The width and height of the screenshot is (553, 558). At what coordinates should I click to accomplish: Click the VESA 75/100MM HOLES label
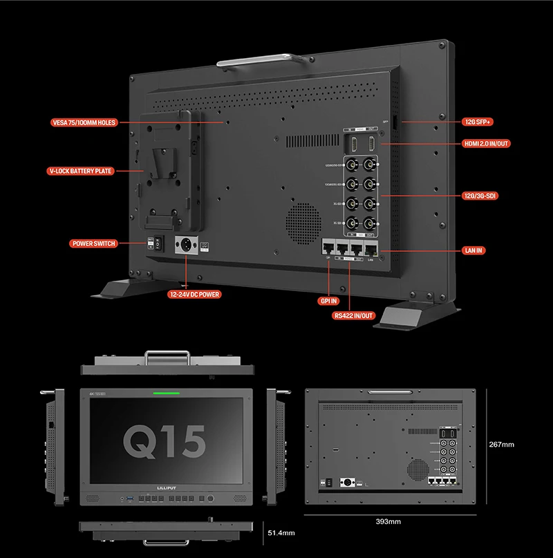(x=84, y=122)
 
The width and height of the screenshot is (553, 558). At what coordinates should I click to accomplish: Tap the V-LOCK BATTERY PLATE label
(x=81, y=171)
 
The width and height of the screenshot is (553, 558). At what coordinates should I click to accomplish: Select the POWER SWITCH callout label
(x=94, y=243)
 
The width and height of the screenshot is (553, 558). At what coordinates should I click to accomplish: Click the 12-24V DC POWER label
(x=195, y=294)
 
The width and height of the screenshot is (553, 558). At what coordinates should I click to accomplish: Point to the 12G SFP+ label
(x=478, y=122)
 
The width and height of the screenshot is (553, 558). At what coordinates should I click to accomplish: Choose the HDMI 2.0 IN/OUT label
(x=487, y=144)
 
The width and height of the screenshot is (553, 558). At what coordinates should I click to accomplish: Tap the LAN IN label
(x=473, y=249)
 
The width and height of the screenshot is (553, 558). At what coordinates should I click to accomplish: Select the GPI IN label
(x=329, y=301)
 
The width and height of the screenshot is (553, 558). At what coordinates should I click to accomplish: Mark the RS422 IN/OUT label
(x=353, y=315)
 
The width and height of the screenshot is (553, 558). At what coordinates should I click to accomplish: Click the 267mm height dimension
(x=501, y=444)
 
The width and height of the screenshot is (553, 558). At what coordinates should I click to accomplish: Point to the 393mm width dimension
(x=388, y=521)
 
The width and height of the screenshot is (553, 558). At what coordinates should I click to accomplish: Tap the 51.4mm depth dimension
(x=281, y=532)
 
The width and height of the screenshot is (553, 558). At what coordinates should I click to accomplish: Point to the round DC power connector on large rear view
(x=187, y=246)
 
